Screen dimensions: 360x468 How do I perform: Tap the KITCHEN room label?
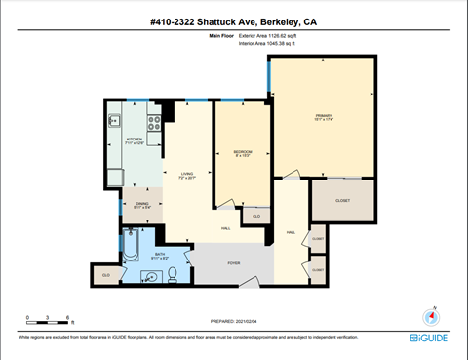pos(135,140)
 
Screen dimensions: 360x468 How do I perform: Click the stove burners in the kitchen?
pos(153,122)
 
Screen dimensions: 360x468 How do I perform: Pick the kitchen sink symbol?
pos(114,122)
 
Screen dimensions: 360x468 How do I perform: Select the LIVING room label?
pos(186,176)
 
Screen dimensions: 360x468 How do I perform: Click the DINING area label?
pos(141,205)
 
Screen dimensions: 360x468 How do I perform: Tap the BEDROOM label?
pos(243,153)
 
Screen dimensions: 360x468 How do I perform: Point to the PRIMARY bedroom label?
pos(323,117)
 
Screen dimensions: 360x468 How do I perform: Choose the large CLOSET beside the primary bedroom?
pos(342,200)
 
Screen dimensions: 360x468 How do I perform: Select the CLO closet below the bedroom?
pos(256,216)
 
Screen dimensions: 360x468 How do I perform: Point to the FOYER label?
pos(234,262)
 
